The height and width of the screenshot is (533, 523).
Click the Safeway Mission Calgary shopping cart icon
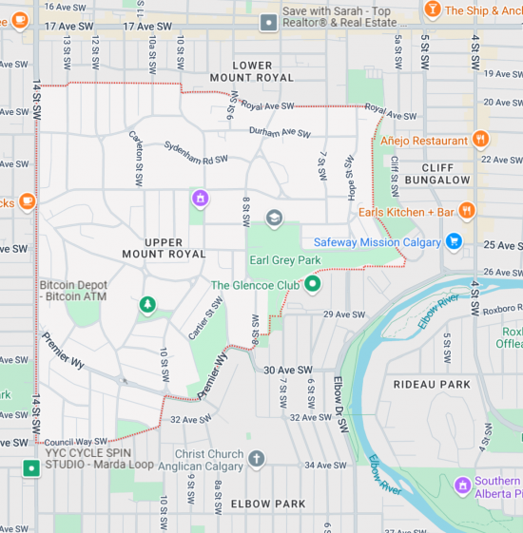click(454, 241)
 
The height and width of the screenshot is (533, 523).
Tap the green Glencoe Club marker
click(312, 284)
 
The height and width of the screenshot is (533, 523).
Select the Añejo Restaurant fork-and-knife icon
click(480, 140)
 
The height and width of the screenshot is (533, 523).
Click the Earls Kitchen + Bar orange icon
click(466, 211)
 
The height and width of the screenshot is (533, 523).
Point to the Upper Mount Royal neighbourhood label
click(164, 248)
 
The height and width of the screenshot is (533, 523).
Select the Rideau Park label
click(432, 384)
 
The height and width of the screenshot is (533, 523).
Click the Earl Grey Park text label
click(284, 260)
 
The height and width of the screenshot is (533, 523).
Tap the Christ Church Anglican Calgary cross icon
click(256, 460)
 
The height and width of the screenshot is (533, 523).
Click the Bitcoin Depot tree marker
click(146, 304)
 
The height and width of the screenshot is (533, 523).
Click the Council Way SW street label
click(75, 441)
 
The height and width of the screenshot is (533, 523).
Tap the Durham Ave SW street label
click(280, 133)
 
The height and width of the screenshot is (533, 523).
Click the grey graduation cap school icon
click(275, 219)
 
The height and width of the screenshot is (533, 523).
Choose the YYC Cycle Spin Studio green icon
click(31, 468)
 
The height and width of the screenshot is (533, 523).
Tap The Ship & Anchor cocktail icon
click(433, 10)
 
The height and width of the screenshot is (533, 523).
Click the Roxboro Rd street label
click(501, 308)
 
